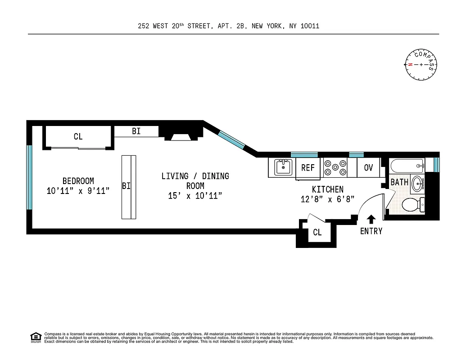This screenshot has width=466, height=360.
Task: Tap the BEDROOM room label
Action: [78, 181]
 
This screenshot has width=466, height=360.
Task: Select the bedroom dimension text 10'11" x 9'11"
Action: [78, 191]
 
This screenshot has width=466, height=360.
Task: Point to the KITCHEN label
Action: [328, 189]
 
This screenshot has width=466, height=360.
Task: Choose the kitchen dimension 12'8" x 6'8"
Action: [328, 199]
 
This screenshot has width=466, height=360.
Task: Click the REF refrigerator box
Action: [308, 168]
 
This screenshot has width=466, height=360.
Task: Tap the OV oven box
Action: [368, 168]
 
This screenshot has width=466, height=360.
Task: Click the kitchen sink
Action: [283, 167]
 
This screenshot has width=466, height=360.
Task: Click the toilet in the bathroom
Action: [412, 206]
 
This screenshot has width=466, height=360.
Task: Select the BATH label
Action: [399, 182]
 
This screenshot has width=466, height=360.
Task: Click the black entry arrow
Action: [371, 219]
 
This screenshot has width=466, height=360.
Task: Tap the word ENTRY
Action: [371, 231]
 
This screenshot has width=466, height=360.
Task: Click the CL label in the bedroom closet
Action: [78, 136]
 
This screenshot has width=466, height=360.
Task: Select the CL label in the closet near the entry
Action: [317, 233]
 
